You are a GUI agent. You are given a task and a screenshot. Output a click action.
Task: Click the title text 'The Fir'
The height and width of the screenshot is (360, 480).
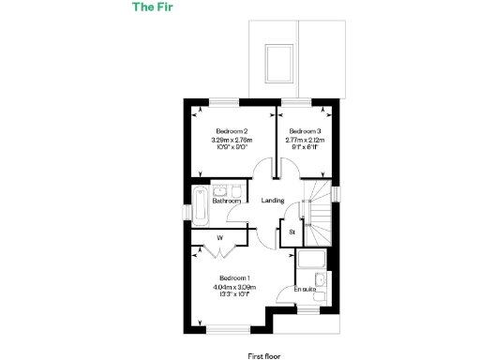[x=149, y=8]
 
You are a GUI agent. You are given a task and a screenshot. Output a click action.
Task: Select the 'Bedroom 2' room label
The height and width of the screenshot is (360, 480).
[x=231, y=131]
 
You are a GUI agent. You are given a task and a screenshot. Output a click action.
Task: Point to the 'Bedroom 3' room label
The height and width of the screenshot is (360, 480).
[x=305, y=131]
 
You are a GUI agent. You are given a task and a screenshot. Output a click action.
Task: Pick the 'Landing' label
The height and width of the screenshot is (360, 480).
[x=273, y=201]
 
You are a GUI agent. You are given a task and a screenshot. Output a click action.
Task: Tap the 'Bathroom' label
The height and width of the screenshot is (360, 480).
[x=227, y=201]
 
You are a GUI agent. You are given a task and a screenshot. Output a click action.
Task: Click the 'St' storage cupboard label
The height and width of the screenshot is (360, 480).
[x=292, y=231]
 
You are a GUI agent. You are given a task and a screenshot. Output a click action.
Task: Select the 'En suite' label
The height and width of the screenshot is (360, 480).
[x=305, y=289]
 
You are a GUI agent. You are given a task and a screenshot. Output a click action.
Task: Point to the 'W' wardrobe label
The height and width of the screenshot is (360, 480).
[x=219, y=238]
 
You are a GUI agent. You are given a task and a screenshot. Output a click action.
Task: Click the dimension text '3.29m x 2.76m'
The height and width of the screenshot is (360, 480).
[x=231, y=141]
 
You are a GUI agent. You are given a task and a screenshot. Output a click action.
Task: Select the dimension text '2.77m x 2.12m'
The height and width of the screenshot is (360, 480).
[x=305, y=141]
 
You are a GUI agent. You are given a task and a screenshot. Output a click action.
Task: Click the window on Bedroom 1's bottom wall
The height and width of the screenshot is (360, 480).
[x=223, y=327]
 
